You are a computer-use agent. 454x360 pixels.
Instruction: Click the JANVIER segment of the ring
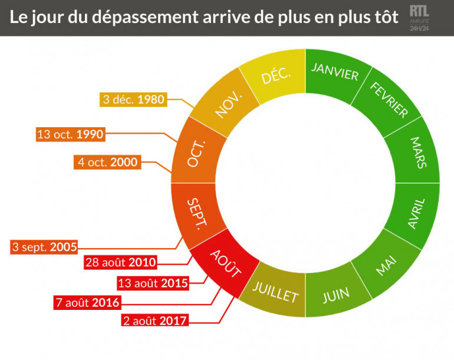tap(334, 73)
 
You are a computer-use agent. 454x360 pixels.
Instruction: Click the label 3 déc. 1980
tap(133, 100)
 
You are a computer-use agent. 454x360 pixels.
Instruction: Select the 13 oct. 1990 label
tap(70, 134)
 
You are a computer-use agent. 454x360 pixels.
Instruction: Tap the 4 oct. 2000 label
tap(107, 162)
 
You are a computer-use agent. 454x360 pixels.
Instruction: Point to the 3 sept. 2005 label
tap(44, 247)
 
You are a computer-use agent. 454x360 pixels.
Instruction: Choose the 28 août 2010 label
tap(121, 262)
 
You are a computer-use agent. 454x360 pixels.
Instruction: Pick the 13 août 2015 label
tap(153, 283)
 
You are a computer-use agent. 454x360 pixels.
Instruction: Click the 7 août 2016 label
tap(86, 303)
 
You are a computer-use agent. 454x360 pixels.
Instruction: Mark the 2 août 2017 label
tap(153, 321)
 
